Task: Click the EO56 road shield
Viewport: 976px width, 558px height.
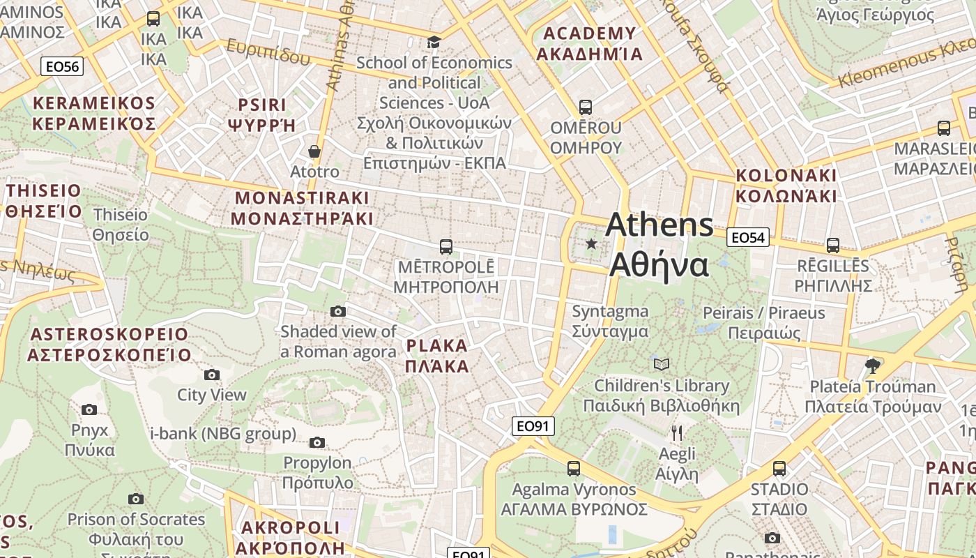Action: pyautogui.click(x=62, y=66)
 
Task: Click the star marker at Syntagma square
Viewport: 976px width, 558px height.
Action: pyautogui.click(x=591, y=243)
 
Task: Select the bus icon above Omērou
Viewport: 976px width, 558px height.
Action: pyautogui.click(x=586, y=107)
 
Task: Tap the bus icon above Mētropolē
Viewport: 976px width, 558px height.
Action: pyautogui.click(x=446, y=246)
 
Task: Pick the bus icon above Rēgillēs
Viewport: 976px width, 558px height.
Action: pyautogui.click(x=833, y=245)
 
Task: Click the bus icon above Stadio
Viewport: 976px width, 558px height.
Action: pyautogui.click(x=779, y=468)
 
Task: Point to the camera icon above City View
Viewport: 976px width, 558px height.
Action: pyautogui.click(x=212, y=375)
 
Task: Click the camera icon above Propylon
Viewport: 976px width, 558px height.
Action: pyautogui.click(x=317, y=442)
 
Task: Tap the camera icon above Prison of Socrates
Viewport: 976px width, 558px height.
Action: pyautogui.click(x=136, y=499)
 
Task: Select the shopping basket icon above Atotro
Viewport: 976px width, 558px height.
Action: pyautogui.click(x=314, y=151)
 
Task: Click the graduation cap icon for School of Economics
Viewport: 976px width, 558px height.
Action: pyautogui.click(x=434, y=43)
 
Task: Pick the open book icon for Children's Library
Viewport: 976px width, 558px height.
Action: pyautogui.click(x=661, y=364)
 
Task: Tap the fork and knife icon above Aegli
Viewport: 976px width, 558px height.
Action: pyautogui.click(x=676, y=433)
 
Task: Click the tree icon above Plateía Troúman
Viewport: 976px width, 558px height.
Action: pyautogui.click(x=872, y=365)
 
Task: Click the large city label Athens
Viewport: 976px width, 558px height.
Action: pyautogui.click(x=659, y=225)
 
